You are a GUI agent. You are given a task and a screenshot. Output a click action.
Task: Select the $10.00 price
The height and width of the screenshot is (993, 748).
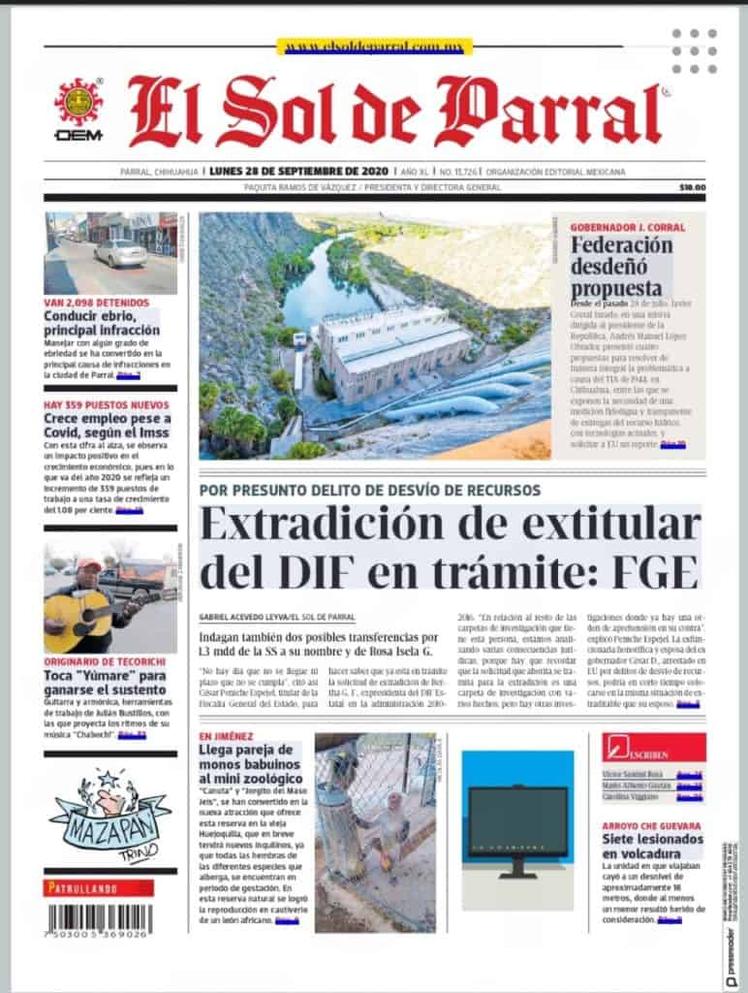pyautogui.click(x=692, y=187)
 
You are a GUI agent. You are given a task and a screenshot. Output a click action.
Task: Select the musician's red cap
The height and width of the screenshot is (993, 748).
pyautogui.click(x=89, y=564)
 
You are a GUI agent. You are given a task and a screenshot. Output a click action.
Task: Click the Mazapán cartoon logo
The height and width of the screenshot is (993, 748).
pyautogui.click(x=109, y=813)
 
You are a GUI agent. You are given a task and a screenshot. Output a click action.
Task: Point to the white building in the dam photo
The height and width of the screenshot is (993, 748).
pyautogui.click(x=391, y=341)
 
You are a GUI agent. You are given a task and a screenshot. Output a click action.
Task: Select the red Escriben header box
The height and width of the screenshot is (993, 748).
pyautogui.click(x=653, y=748)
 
